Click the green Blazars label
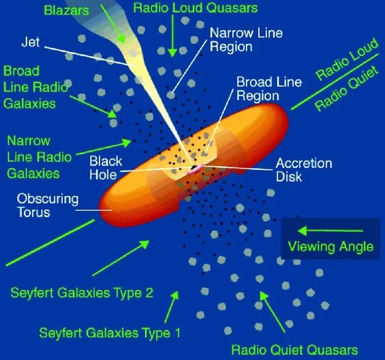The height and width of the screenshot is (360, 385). pyautogui.click(x=66, y=11)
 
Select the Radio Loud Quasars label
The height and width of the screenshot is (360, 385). pyautogui.click(x=195, y=8)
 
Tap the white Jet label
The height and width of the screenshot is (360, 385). pyautogui.click(x=30, y=42)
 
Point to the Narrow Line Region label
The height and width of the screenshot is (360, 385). pyautogui.click(x=246, y=39)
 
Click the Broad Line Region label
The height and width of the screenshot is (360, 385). pyautogui.click(x=269, y=89)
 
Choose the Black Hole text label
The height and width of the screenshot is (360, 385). pyautogui.click(x=106, y=168)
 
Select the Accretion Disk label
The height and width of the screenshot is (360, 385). pyautogui.click(x=304, y=169)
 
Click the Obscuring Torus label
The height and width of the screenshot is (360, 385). pyautogui.click(x=48, y=205)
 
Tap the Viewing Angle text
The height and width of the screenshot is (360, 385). pyautogui.click(x=330, y=247)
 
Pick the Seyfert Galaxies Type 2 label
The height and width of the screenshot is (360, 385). pyautogui.click(x=82, y=293)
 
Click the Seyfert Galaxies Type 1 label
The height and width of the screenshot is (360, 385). pyautogui.click(x=110, y=333)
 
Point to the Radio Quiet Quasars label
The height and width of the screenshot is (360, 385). pyautogui.click(x=295, y=349)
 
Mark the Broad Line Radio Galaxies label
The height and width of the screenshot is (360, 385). pyautogui.click(x=36, y=88)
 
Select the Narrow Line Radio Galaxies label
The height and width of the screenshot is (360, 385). pyautogui.click(x=39, y=157)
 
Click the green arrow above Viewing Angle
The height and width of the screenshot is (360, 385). pyautogui.click(x=330, y=230)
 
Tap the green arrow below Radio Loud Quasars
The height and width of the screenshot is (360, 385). pyautogui.click(x=173, y=36)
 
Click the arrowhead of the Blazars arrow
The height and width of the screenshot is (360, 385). pyautogui.click(x=122, y=38)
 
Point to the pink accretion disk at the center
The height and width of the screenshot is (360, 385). pyautogui.click(x=195, y=169)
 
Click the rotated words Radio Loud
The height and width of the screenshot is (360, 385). pyautogui.click(x=346, y=59)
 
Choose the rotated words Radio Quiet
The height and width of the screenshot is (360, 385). pyautogui.click(x=346, y=88)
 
